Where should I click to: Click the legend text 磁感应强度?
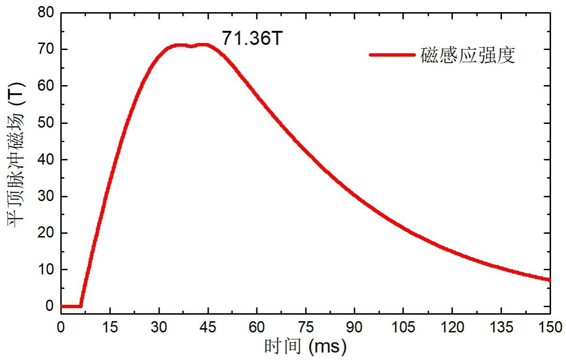point(468,56)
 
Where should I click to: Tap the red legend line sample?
point(392,55)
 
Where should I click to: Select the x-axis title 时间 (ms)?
point(305,347)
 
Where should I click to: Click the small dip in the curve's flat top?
point(191,46)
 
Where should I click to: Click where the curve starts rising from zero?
point(81,306)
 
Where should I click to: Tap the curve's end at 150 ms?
point(550,280)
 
